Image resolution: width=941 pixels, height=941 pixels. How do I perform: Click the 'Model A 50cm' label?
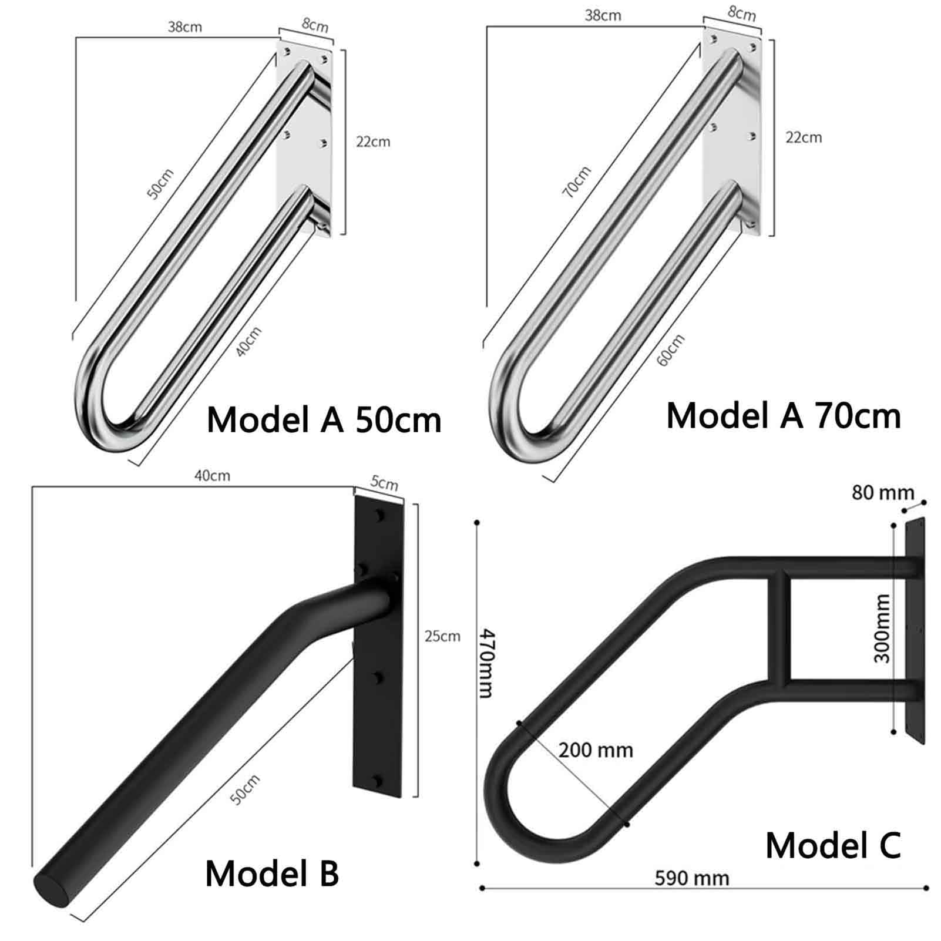coord(324,421)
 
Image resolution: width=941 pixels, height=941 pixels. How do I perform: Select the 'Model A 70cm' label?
coord(784,416)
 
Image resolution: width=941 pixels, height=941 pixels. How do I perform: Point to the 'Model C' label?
coord(833,846)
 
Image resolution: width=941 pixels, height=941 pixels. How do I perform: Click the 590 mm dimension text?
coord(692,878)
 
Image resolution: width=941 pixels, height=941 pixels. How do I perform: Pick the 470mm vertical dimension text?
coord(487,663)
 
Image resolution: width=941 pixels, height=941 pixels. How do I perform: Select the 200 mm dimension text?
coord(596,750)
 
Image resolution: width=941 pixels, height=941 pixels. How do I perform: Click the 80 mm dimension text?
coord(883,492)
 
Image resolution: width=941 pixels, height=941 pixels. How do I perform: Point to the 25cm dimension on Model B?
coord(442,636)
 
